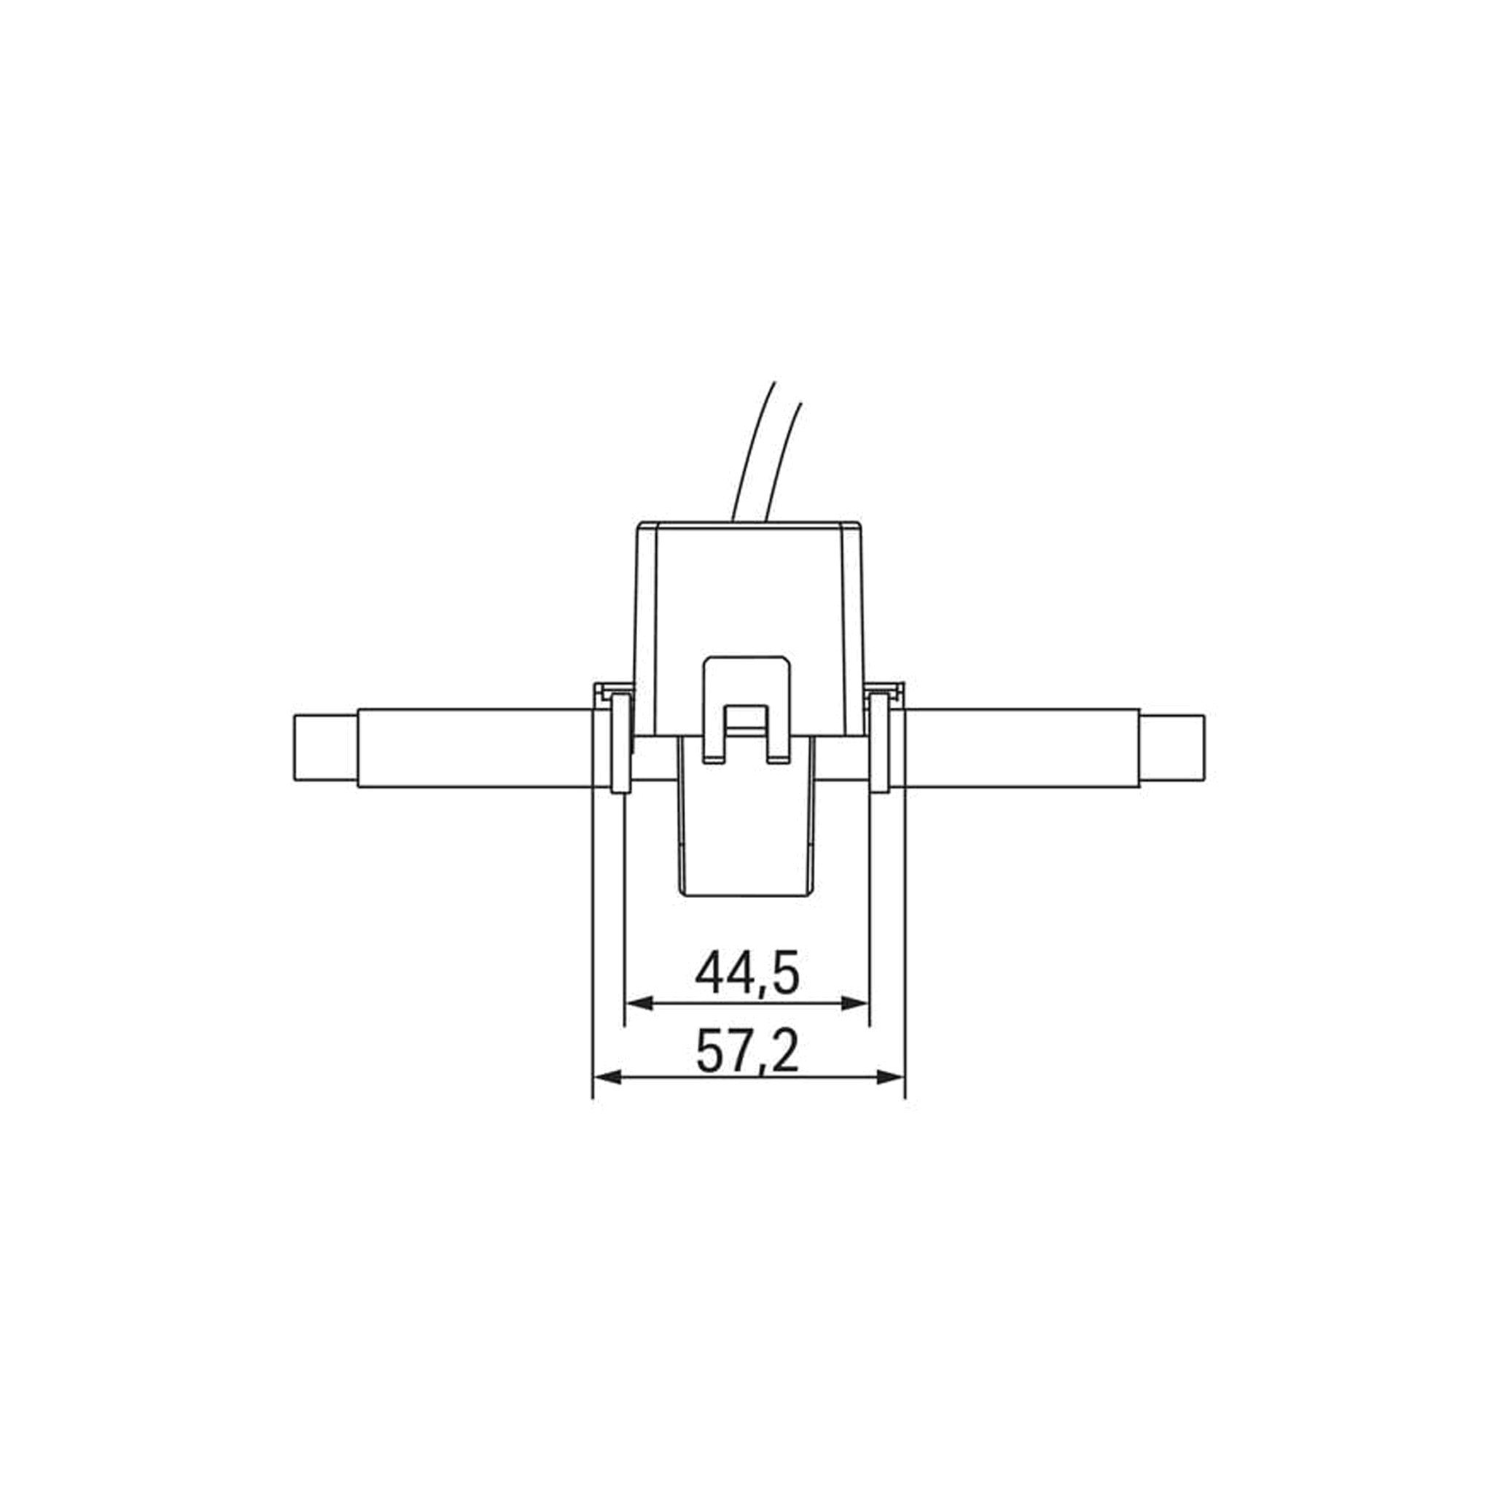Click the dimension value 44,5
746,973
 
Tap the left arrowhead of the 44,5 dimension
639,1004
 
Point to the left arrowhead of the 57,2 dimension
607,1077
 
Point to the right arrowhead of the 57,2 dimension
889,1077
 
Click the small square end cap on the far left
324,746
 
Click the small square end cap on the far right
1172,746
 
